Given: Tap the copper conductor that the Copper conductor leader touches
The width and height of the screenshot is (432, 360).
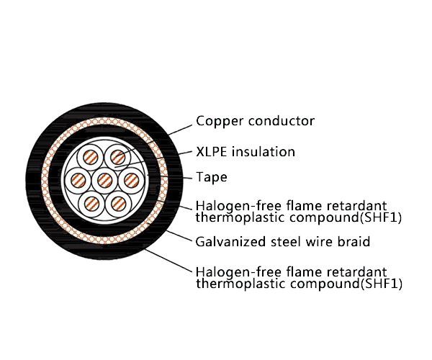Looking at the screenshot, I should click(x=117, y=156).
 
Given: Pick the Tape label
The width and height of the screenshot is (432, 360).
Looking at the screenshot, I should click(x=211, y=177).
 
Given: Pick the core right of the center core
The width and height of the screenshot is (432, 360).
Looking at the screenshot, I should click(x=130, y=180).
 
